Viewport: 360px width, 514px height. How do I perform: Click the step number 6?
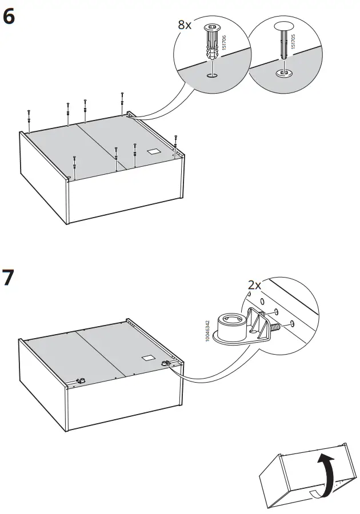(9, 17)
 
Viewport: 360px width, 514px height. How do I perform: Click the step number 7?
(9, 279)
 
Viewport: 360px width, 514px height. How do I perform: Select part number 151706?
(225, 43)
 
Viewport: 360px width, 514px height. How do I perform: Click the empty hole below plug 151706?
(211, 75)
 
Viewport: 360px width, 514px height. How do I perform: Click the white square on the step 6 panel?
(153, 152)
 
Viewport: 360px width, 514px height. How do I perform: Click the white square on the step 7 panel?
(147, 358)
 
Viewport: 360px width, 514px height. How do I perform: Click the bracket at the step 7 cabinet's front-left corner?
(81, 380)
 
